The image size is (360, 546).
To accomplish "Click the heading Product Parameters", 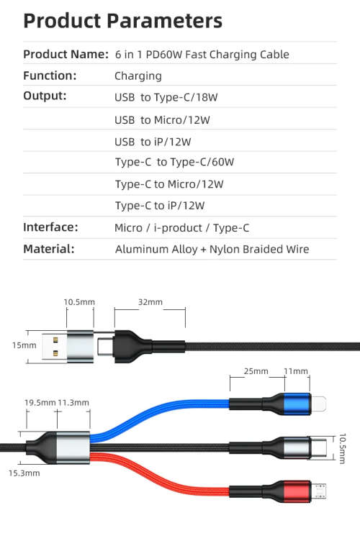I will tap(123, 19).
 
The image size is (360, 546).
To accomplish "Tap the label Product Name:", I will tap(66, 54).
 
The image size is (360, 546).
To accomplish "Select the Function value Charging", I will tap(138, 76).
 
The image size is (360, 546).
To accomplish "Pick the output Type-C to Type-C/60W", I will tap(174, 162).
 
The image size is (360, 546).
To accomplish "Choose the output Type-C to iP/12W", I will tap(160, 206).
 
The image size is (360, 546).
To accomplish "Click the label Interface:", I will tap(50, 227).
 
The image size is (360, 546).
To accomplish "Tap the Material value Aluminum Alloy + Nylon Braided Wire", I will tap(212, 250).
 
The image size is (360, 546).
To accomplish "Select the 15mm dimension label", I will tap(24, 345).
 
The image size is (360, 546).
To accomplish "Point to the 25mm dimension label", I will tap(256, 371).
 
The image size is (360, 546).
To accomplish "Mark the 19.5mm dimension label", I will tap(40, 402).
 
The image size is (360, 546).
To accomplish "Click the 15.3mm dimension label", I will tap(24, 473).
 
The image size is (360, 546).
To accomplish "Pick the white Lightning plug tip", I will tap(321, 404).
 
